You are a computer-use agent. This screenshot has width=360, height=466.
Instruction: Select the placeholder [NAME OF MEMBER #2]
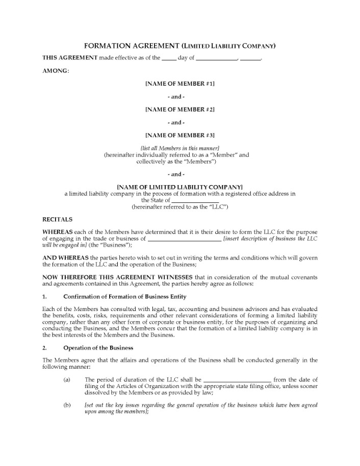(x=179, y=109)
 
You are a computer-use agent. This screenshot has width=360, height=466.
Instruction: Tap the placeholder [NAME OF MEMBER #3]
(x=179, y=135)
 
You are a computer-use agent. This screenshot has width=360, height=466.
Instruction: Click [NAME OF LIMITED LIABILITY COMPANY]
(x=179, y=187)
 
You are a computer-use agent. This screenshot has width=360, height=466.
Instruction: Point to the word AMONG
(x=55, y=70)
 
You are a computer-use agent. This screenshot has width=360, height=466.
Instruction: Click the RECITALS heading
(x=57, y=220)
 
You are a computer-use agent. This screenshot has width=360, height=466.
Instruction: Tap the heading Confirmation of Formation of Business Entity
(x=124, y=297)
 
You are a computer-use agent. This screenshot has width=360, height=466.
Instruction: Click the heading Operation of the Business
(x=98, y=348)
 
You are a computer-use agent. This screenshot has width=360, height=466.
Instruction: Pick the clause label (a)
(x=67, y=379)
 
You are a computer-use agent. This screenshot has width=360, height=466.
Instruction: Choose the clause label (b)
(x=67, y=405)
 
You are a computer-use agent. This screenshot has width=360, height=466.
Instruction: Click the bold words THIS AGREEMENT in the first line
(x=69, y=58)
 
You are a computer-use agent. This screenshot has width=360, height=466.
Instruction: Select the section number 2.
(x=44, y=348)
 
